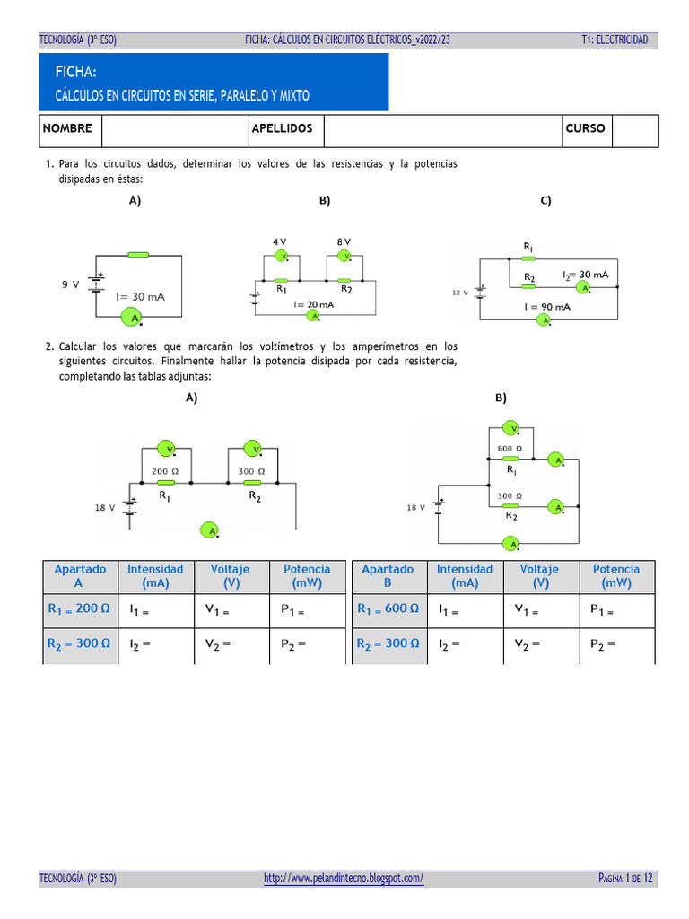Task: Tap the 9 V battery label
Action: click(70, 284)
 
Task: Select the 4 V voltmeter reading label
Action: click(280, 241)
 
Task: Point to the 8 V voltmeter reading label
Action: click(344, 241)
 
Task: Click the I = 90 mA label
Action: click(547, 306)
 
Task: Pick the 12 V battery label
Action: click(459, 293)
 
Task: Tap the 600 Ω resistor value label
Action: click(510, 449)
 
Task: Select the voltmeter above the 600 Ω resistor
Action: click(510, 428)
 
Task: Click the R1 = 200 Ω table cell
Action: click(79, 608)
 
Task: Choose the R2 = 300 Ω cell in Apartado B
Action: click(388, 643)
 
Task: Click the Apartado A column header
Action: click(80, 575)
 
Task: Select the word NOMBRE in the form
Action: click(67, 128)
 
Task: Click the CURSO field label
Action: click(585, 128)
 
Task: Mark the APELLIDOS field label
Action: click(282, 128)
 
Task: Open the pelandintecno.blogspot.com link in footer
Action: click(344, 878)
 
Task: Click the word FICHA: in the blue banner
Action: click(76, 72)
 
